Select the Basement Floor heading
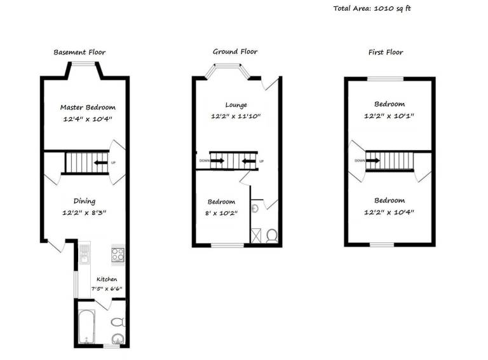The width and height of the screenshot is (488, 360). coord(79,52)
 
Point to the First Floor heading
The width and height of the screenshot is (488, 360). coord(386,52)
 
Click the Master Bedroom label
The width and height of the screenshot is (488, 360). coord(88,107)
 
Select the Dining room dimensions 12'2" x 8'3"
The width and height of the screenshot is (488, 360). coord(84,212)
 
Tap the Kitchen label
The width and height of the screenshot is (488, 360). coord(107,279)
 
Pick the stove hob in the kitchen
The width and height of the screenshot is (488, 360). coord(118,254)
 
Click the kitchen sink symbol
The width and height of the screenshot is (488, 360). coord(85,257)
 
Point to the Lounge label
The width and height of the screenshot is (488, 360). coord(236,105)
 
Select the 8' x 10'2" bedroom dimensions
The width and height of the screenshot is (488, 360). coord(220,212)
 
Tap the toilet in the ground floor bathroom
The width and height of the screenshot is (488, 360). coord(272,236)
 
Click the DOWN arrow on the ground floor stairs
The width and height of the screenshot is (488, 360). coord(217,161)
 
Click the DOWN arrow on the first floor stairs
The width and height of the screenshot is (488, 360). coord(373,160)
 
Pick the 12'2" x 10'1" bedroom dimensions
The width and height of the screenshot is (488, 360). coord(389,116)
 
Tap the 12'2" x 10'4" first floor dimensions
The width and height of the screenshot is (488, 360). coord(389,212)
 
